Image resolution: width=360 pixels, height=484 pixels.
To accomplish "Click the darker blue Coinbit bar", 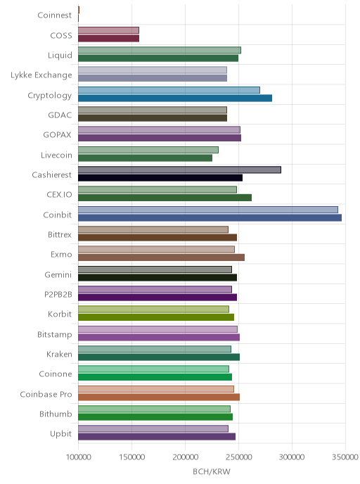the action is tap(210, 218).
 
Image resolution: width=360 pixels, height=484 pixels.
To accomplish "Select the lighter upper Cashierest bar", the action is tap(179, 170).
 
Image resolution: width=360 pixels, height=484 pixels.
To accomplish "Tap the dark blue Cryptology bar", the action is tap(175, 98).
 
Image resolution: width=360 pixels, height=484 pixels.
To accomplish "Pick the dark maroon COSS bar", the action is tap(108, 38).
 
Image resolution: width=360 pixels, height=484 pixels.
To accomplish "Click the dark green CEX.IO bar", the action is tap(165, 198).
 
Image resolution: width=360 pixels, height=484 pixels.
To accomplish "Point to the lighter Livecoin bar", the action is tap(148, 150).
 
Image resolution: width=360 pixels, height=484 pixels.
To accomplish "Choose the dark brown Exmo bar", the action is tap(161, 257).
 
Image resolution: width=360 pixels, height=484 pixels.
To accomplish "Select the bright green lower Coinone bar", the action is tap(155, 377).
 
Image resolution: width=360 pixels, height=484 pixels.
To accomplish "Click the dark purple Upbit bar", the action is tap(157, 436).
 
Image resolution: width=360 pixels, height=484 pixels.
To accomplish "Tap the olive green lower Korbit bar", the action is tap(156, 317).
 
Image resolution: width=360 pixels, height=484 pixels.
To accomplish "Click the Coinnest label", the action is tap(55, 15).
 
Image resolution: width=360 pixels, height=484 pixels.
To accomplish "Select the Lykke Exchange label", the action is tap(41, 75).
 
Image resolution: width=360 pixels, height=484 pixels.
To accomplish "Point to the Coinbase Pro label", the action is tap(46, 394).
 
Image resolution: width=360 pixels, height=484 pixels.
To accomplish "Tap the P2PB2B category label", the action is tap(58, 295).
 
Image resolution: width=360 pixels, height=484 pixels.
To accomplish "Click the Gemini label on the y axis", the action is tap(58, 274).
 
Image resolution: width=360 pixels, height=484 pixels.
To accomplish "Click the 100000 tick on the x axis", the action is tap(78, 457).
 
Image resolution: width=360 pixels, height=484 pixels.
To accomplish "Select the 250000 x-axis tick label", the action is tap(238, 457).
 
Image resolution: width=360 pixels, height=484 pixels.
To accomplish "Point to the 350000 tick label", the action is tap(345, 457).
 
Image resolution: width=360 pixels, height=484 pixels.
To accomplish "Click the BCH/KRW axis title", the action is tap(212, 471).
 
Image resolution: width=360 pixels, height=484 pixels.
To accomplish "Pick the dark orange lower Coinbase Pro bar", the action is tap(159, 397).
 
